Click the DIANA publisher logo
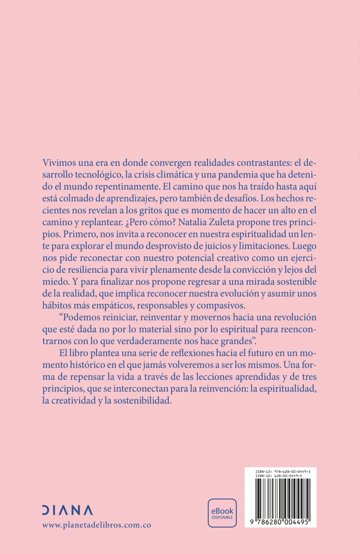67,510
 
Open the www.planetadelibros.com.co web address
96,525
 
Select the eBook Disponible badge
222,512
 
